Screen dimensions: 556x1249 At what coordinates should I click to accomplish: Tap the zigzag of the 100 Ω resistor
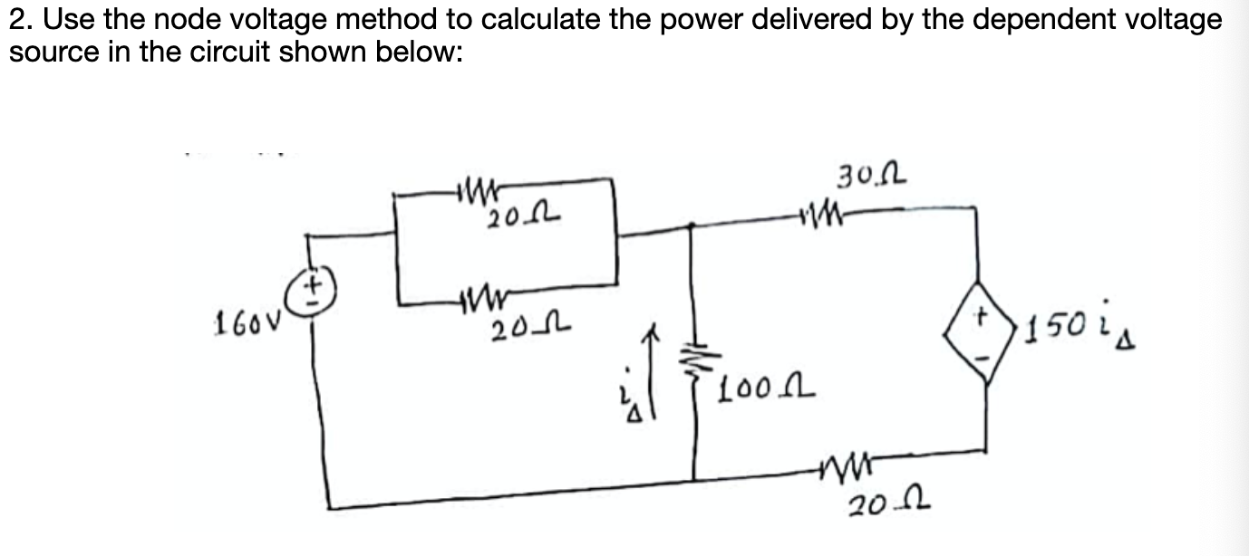[697, 363]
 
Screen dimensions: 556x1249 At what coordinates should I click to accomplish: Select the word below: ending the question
[421, 52]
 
